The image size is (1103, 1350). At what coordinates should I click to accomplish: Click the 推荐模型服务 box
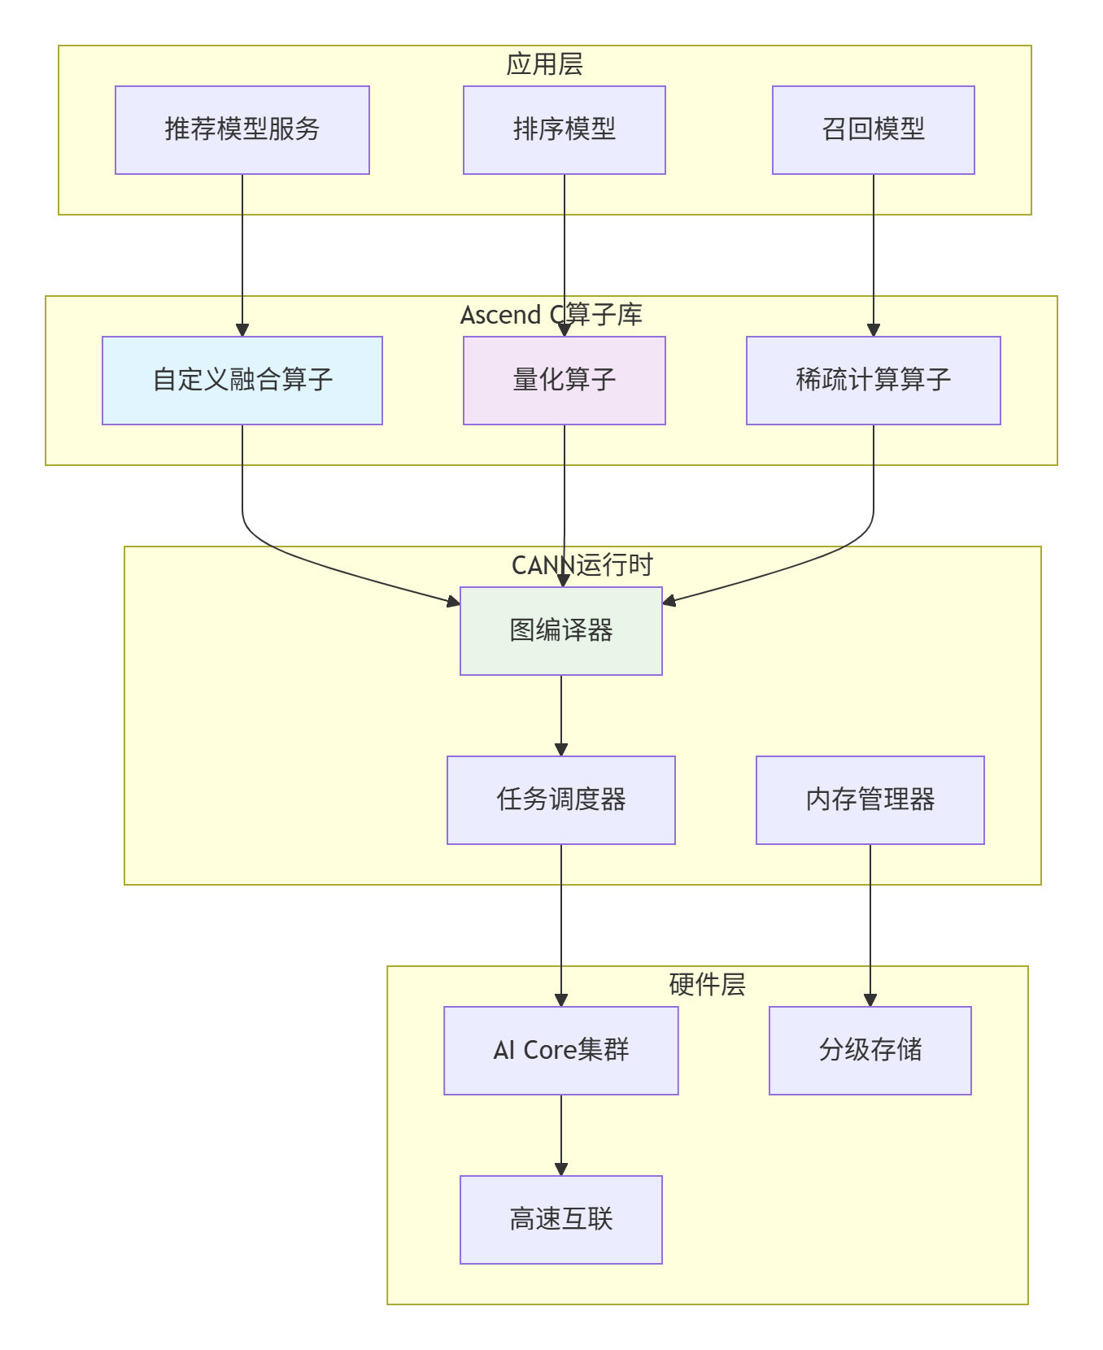(x=242, y=130)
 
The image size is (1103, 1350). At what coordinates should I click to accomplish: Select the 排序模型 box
(x=565, y=130)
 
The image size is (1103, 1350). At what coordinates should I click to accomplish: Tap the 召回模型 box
(x=874, y=130)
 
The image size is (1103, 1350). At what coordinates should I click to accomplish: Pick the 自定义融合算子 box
(x=242, y=381)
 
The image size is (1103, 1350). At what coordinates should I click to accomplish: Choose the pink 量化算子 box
(x=565, y=381)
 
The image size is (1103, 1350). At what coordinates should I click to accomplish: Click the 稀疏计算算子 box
(x=874, y=381)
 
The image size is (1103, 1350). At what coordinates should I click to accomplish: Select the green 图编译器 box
(x=561, y=631)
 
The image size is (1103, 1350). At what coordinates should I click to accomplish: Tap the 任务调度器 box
(x=561, y=800)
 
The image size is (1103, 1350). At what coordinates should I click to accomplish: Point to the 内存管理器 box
(x=870, y=800)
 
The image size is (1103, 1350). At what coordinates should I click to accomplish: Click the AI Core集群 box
(x=561, y=1051)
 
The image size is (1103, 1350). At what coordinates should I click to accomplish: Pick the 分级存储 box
(x=870, y=1051)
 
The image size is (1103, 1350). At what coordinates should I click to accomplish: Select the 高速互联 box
(x=561, y=1220)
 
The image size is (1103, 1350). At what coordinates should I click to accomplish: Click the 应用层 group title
(x=545, y=64)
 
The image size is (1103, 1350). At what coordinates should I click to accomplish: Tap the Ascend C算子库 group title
(x=551, y=315)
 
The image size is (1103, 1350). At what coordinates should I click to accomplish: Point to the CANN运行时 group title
(x=582, y=565)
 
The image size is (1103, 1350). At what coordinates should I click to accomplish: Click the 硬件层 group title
(x=708, y=985)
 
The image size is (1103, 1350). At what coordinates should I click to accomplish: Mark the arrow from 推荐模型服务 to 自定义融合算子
(x=242, y=255)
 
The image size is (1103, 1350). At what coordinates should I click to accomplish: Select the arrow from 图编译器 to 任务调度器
(x=561, y=716)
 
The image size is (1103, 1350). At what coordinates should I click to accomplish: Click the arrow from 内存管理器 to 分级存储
(x=870, y=925)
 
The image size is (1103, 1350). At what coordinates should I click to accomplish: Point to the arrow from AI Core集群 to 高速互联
(x=561, y=1135)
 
